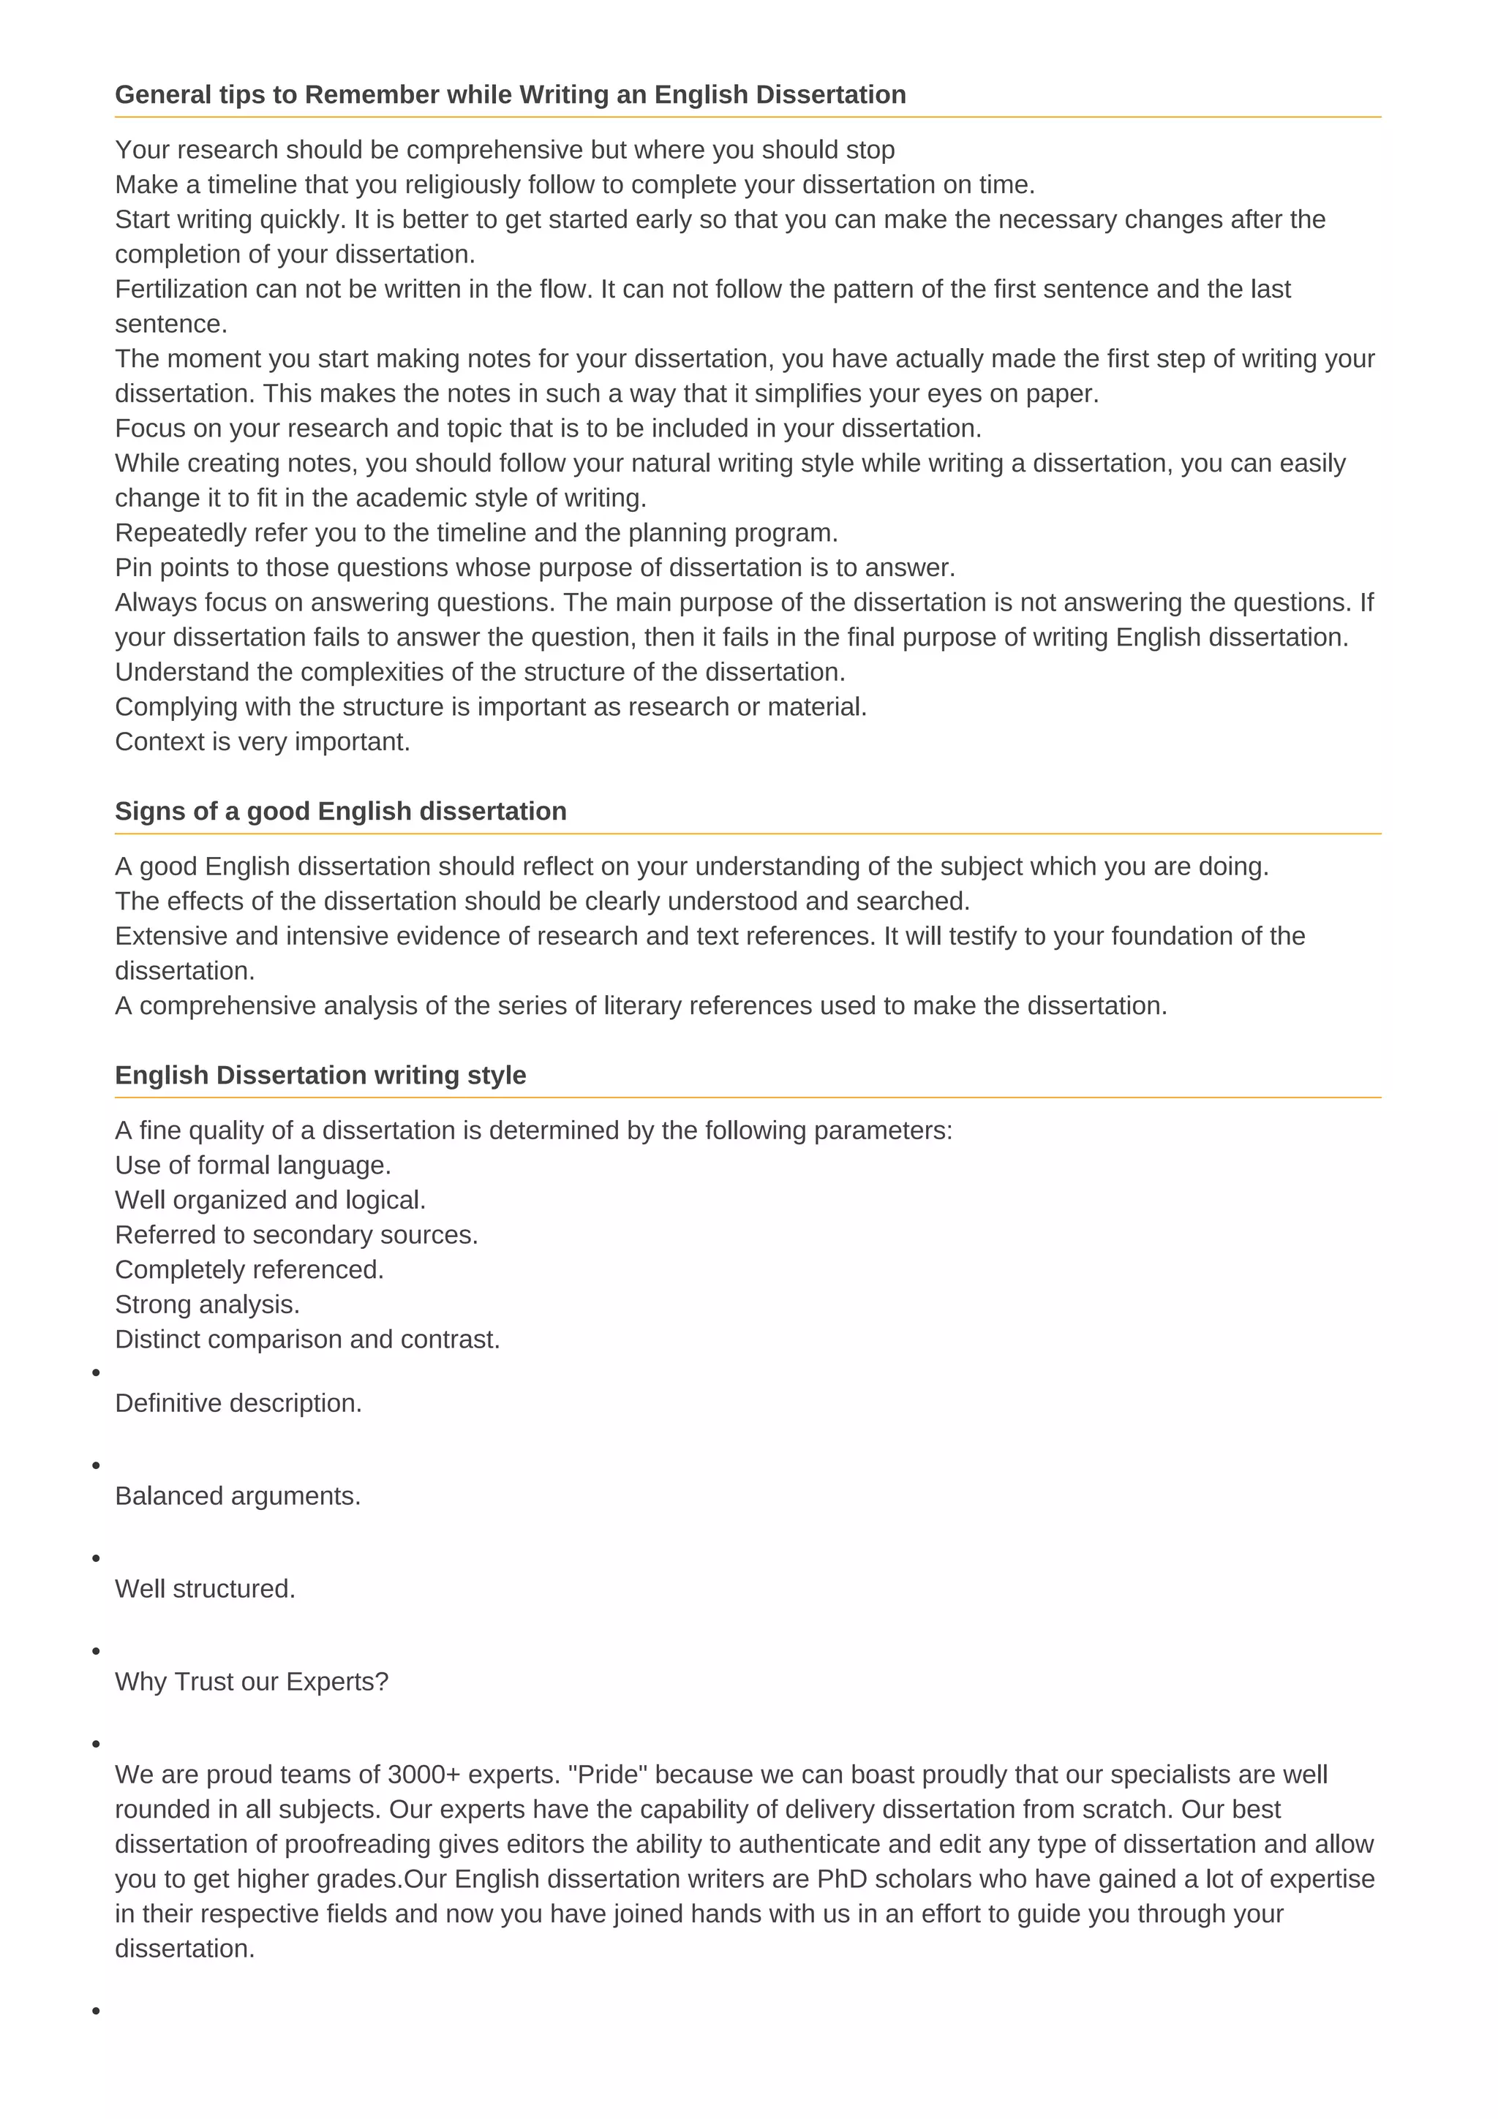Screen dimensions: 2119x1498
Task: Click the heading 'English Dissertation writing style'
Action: click(320, 1075)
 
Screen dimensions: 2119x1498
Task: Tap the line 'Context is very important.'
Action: click(262, 742)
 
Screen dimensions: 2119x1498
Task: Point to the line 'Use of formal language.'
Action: click(253, 1166)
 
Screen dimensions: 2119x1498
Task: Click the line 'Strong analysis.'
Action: click(207, 1305)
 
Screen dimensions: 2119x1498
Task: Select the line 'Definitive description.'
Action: click(238, 1404)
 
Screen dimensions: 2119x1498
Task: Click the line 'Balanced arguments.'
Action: click(237, 1496)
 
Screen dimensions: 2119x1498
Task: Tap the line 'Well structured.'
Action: click(205, 1590)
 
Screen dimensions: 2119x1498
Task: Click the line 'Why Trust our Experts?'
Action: click(251, 1682)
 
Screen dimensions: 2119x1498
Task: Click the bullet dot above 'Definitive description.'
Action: click(96, 1373)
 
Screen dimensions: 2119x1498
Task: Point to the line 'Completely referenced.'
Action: click(249, 1270)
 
